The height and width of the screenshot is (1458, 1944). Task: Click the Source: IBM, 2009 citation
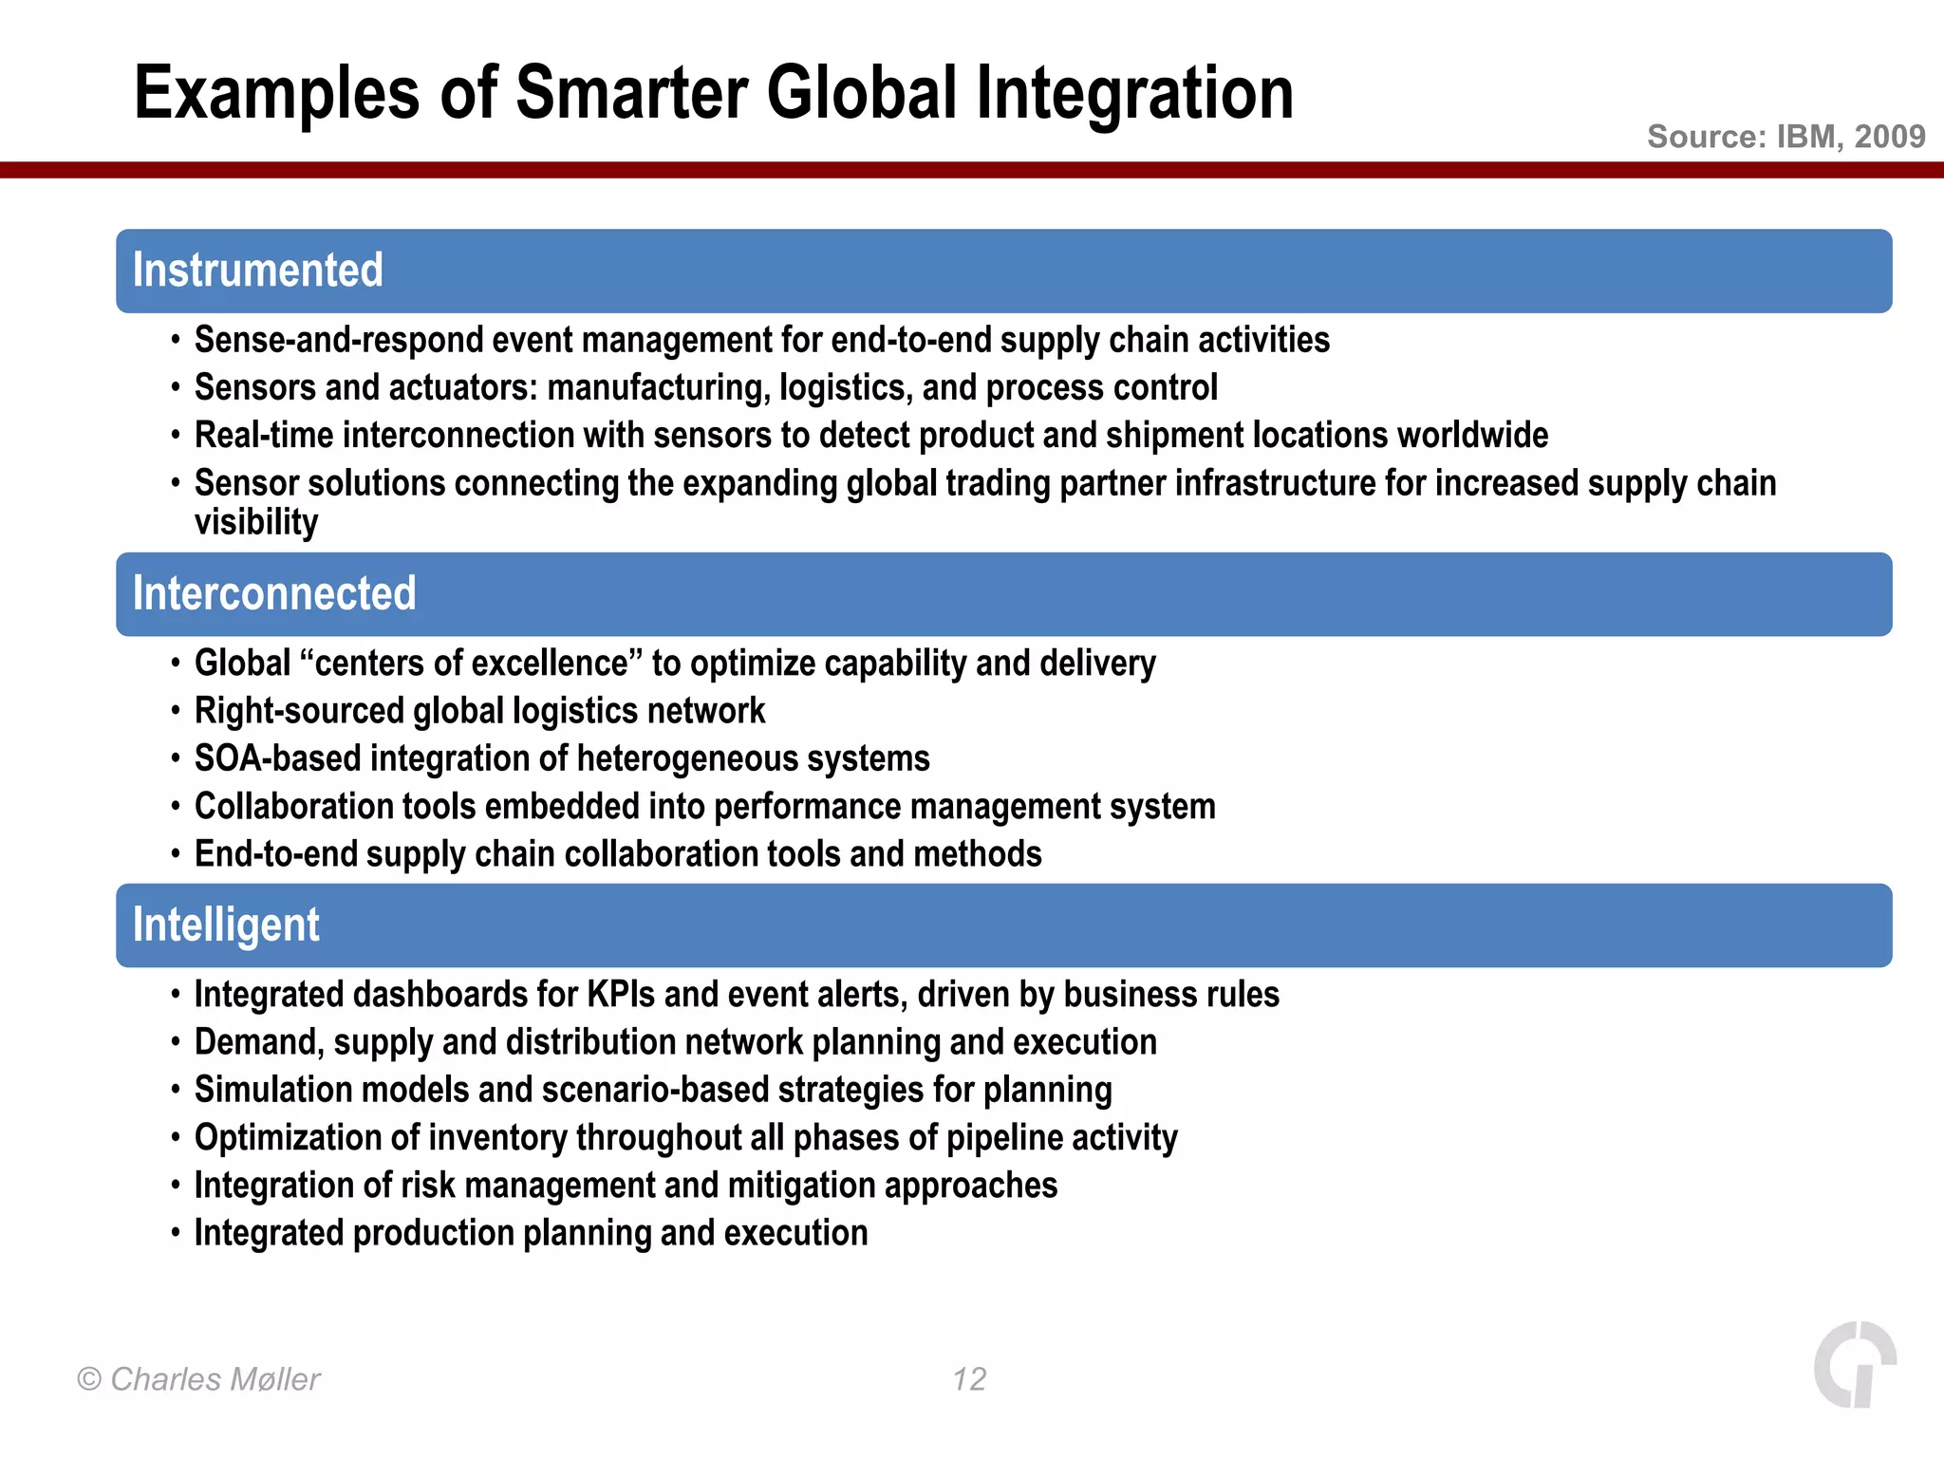pos(1785,137)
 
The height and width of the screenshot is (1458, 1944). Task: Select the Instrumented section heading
pos(257,271)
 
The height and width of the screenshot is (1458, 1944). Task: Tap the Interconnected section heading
pos(274,594)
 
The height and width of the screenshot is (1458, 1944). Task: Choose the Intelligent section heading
pos(226,925)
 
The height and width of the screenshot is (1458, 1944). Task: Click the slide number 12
pos(969,1379)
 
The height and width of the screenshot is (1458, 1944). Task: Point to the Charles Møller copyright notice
pos(199,1379)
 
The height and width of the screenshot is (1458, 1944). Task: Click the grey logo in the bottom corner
pos(1854,1364)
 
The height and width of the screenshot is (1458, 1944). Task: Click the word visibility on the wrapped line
pos(256,523)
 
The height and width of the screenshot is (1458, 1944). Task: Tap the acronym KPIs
pos(621,995)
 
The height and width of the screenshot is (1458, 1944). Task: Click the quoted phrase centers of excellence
pos(472,664)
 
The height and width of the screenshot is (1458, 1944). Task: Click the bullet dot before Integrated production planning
pos(176,1233)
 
